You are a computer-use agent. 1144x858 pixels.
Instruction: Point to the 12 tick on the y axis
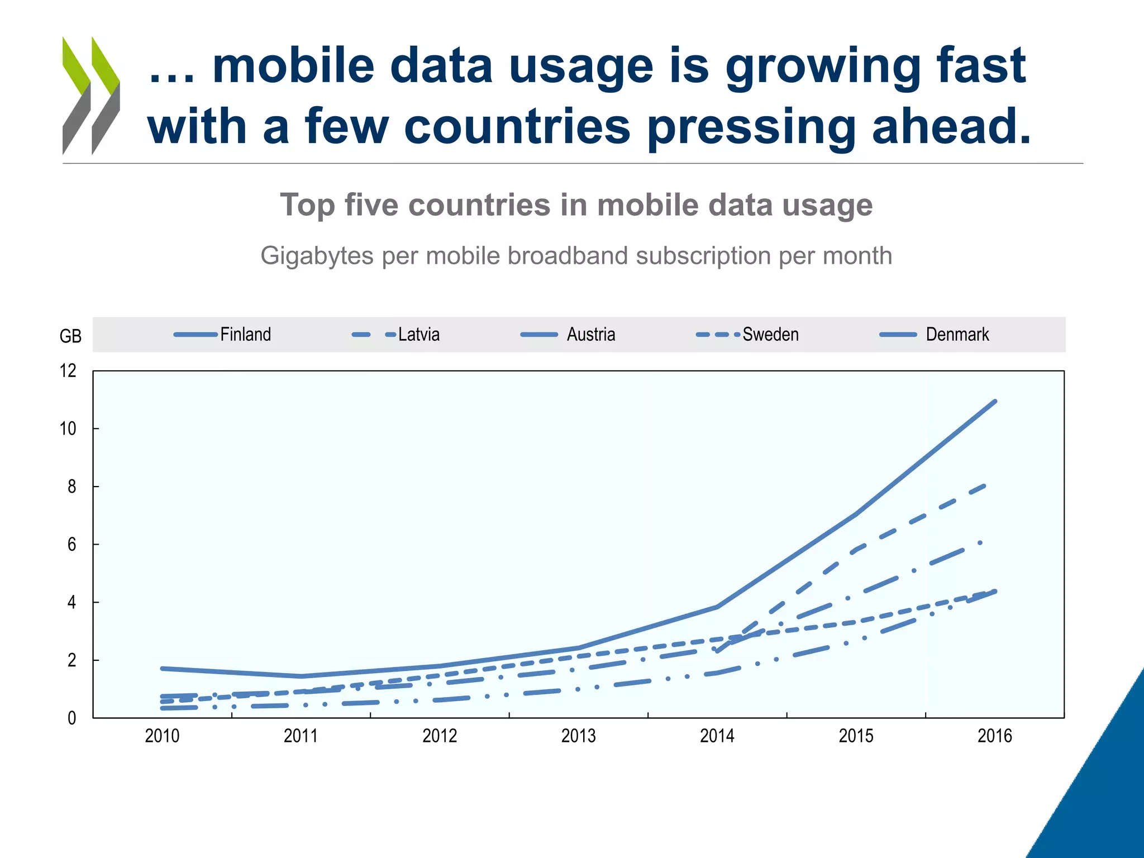click(68, 371)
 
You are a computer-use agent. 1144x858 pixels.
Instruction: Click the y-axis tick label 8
click(71, 487)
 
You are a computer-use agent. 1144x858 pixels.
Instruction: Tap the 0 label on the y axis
click(71, 718)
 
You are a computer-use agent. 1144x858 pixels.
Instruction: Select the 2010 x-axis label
click(162, 736)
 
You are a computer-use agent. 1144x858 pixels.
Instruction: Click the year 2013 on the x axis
click(578, 736)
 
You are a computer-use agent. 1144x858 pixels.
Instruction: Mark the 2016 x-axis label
click(994, 736)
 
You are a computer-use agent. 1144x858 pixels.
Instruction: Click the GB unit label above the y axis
click(70, 336)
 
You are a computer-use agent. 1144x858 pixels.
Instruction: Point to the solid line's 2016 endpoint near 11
click(995, 401)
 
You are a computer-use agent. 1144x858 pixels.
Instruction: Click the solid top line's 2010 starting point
click(162, 668)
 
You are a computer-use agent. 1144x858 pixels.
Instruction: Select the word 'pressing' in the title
click(751, 127)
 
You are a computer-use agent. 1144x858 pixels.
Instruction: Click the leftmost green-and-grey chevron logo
click(76, 95)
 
